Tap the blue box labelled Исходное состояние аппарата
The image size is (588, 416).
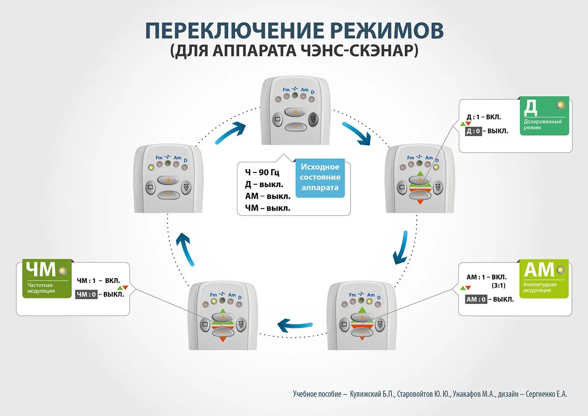(x=320, y=177)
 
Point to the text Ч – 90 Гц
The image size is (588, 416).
(x=262, y=173)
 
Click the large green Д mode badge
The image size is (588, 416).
(x=544, y=115)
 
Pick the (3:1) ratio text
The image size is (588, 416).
(x=499, y=285)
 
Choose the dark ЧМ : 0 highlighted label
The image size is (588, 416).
(x=86, y=295)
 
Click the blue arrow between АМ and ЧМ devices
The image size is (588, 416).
(x=296, y=324)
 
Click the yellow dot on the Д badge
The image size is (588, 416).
(x=560, y=105)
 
